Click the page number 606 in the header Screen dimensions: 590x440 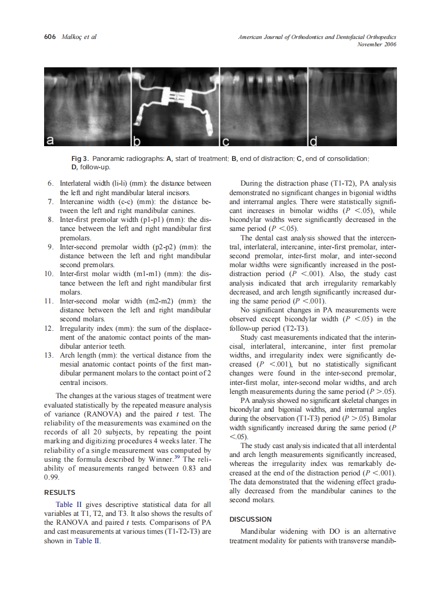click(x=50, y=37)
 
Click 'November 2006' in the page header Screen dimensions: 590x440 click(x=376, y=44)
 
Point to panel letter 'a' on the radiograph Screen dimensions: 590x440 click(x=50, y=140)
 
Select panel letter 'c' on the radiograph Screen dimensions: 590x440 click(x=226, y=140)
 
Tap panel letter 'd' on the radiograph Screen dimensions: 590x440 click(x=314, y=140)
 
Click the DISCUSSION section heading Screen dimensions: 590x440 click(x=251, y=519)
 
